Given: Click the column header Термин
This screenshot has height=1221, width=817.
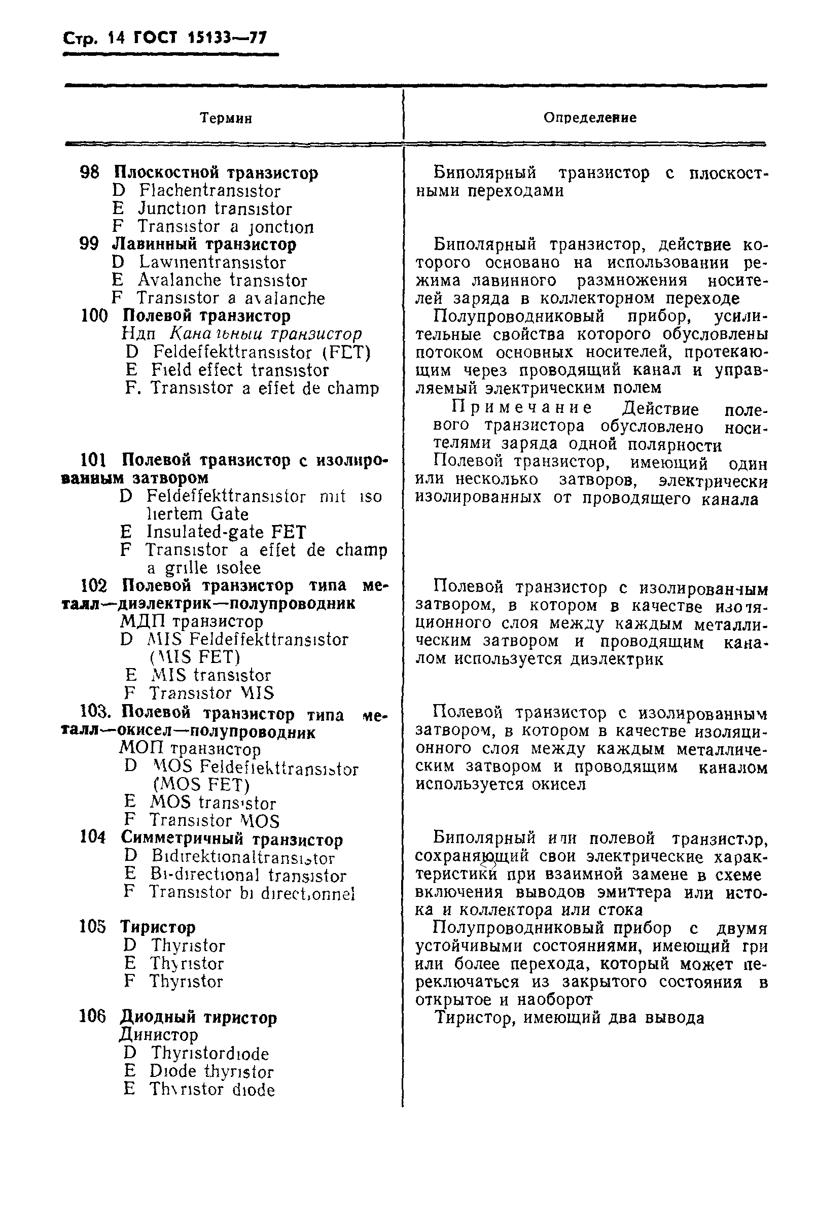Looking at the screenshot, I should tap(226, 119).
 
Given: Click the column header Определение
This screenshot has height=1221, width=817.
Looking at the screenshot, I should tap(590, 118).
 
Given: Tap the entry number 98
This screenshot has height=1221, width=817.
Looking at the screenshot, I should tap(89, 172).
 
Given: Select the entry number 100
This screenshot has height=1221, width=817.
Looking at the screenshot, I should tap(94, 316).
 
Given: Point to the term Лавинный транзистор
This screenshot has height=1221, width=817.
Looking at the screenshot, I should tap(204, 245).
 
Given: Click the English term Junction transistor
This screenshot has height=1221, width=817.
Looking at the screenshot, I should tap(215, 209).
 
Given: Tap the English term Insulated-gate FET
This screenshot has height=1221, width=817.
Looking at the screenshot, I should tap(226, 532).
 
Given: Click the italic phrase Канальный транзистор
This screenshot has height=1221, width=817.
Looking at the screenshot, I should tap(266, 334).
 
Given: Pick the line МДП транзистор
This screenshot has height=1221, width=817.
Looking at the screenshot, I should tap(192, 622).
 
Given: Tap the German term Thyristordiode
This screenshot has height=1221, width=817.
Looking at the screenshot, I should tap(210, 1054).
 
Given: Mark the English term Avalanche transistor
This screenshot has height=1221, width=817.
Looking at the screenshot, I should tap(223, 281).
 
